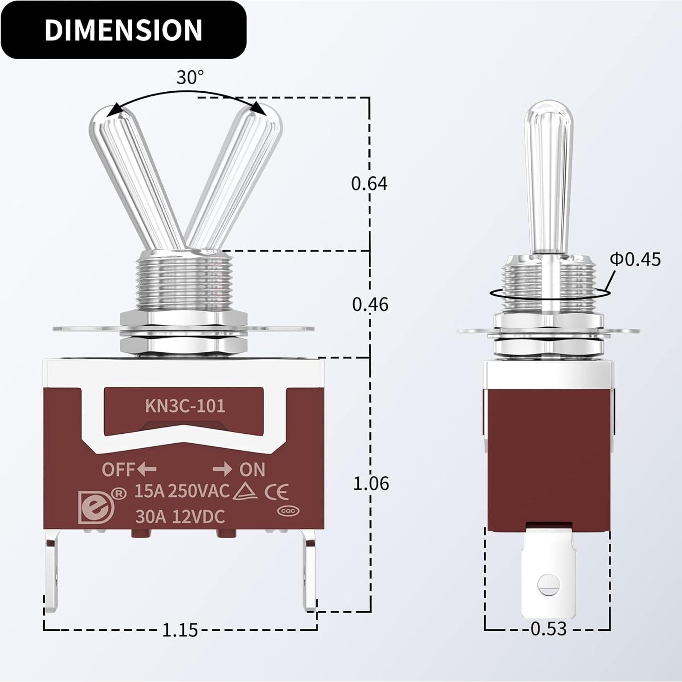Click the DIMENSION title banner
click(x=123, y=30)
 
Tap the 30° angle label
click(x=190, y=77)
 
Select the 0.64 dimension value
click(x=369, y=183)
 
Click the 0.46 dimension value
click(x=370, y=304)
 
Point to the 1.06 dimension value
click(x=371, y=483)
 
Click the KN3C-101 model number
click(x=185, y=406)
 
